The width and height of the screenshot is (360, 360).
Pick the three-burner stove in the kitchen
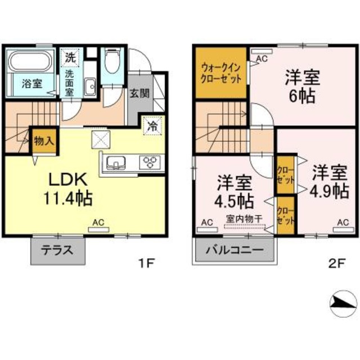pos(151,163)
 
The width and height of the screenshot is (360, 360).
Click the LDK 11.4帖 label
pos(66,190)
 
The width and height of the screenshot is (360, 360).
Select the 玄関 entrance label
pos(139,93)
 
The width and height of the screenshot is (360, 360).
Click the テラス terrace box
pos(58,250)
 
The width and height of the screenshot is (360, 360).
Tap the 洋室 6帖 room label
pos(299,84)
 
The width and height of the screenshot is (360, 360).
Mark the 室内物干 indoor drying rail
pos(245,227)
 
